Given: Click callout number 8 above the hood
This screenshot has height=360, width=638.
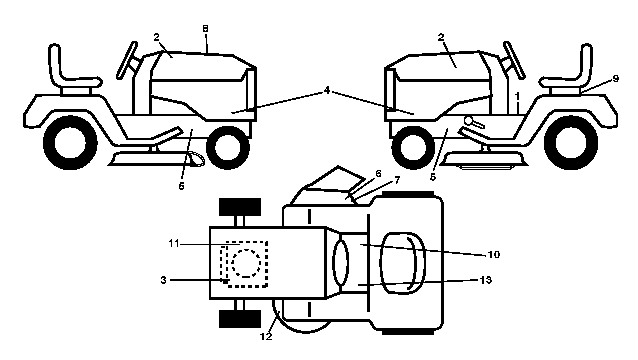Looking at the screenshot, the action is click(205, 28).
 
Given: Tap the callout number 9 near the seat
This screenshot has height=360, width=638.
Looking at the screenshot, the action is click(616, 79).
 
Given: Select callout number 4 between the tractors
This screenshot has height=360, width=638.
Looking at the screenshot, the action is click(327, 90).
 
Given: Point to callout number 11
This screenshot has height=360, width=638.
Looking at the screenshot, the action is click(174, 243).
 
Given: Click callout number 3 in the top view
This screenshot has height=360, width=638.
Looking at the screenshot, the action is click(163, 280).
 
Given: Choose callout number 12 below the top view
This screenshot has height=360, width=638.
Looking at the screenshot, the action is click(266, 337).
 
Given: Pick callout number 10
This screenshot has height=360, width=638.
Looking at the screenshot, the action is click(494, 255).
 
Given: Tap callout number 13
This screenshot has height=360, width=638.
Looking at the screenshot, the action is click(486, 280).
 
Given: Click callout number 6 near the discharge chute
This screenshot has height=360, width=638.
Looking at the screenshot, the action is click(378, 173).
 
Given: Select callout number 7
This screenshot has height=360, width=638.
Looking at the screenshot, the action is click(397, 180).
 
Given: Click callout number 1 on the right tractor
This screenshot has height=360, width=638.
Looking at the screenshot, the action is click(518, 97).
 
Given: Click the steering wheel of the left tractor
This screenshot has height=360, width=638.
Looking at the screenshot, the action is click(127, 60).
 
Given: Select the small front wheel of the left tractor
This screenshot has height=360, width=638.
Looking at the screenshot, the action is click(228, 148).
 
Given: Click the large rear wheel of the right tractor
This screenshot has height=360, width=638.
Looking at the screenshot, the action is click(571, 143).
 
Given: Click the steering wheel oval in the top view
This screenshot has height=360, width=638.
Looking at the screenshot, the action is click(341, 263).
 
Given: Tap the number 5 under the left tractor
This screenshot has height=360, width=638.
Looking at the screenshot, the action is click(181, 186).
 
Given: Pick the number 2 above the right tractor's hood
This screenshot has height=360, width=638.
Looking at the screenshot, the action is click(441, 37).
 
